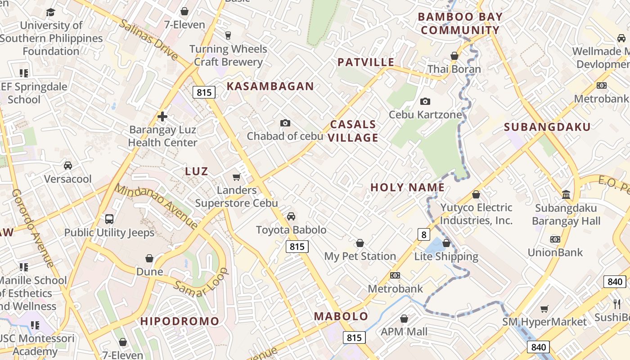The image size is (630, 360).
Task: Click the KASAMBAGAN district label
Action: [270, 86]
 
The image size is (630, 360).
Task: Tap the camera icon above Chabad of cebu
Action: [285, 123]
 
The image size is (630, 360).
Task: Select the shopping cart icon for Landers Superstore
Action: [236, 177]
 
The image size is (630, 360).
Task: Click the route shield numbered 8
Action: [423, 234]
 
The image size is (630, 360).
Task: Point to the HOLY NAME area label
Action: [407, 188]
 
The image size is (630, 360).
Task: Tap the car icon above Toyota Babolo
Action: [291, 216]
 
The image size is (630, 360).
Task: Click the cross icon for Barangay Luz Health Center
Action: [162, 117]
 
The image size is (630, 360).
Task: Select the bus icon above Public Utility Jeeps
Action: [109, 219]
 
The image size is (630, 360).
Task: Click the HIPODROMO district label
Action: [180, 321]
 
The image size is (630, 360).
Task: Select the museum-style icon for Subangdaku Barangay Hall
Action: [566, 195]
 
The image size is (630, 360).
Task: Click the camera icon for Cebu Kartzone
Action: [425, 102]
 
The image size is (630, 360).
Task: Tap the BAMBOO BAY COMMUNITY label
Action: [460, 24]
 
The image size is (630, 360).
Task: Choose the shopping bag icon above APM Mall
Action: [404, 319]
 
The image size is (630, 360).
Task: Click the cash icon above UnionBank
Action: [555, 239]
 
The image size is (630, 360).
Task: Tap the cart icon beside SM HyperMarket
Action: [544, 309]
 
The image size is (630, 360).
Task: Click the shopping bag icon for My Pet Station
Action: [360, 243]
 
